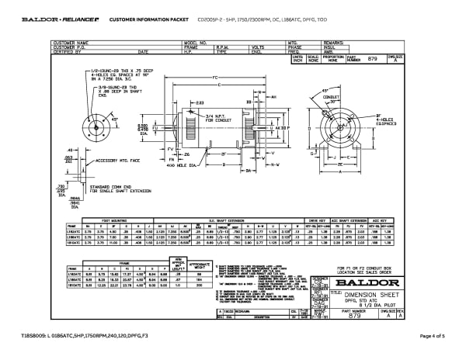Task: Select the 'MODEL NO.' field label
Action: point(194,42)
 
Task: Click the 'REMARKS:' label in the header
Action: point(334,42)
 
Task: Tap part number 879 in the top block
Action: point(371,58)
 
